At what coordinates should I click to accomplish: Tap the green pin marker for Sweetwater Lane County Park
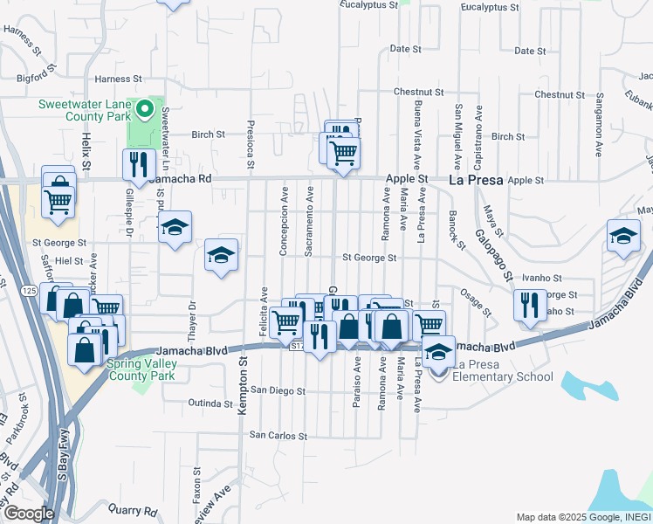point(147,111)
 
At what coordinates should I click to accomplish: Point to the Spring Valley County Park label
point(141,369)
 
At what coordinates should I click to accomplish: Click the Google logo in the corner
point(28,514)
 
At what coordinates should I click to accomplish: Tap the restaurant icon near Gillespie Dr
point(139,163)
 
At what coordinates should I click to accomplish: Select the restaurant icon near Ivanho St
point(529,305)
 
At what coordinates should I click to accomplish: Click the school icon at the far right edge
point(623,237)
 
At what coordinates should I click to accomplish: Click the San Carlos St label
point(278,435)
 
